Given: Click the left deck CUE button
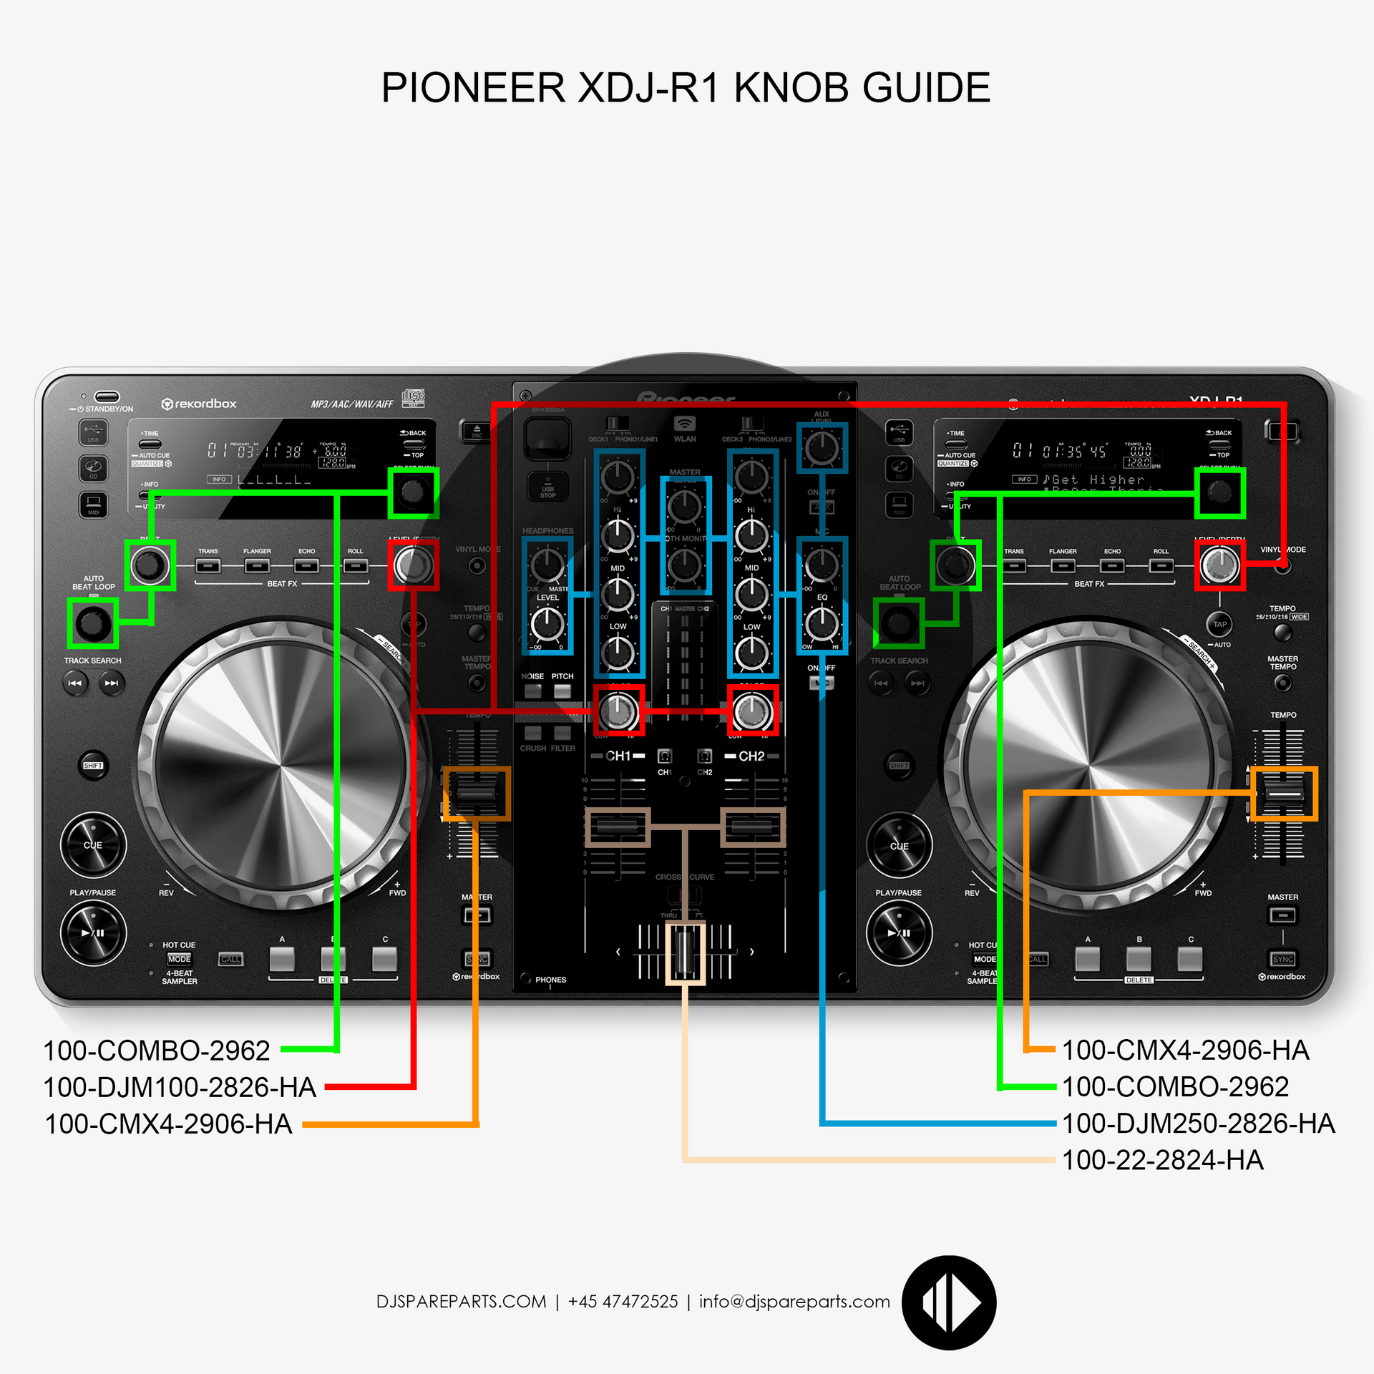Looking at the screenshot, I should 93,845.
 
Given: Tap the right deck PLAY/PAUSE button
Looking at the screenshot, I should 899,933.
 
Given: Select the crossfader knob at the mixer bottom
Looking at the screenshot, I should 685,952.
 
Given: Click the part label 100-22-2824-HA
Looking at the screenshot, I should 1162,1160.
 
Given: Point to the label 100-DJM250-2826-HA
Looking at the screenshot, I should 1198,1124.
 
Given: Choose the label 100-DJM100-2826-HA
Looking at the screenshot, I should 179,1088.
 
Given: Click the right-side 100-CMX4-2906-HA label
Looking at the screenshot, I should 1185,1051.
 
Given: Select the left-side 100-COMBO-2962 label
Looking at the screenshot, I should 157,1051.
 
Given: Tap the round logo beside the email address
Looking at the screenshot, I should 949,1302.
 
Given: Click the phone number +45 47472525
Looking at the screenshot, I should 623,1302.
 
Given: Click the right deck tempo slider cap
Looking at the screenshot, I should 1285,794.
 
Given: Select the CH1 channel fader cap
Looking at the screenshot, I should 618,827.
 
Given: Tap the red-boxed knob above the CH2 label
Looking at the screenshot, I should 752,711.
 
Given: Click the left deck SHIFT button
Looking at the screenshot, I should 93,766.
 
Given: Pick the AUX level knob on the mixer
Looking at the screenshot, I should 822,448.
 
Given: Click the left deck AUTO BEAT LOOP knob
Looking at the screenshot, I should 92,623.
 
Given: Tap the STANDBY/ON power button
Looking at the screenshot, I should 107,397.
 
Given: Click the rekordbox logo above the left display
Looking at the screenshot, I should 199,404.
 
